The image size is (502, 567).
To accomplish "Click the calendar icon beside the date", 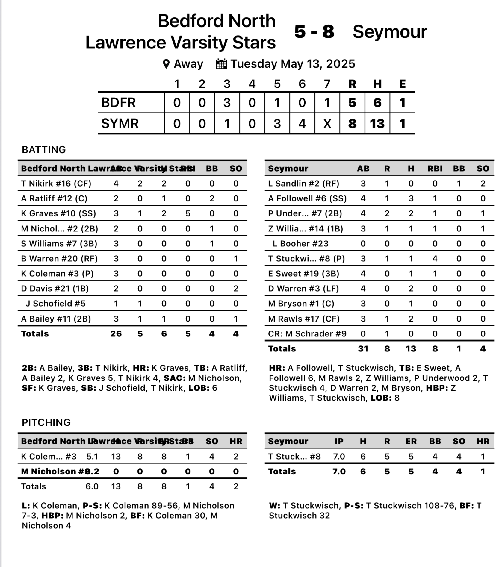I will coord(221,64).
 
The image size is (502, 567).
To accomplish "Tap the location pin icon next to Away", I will coord(166,64).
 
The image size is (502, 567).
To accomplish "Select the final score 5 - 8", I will coord(314,32).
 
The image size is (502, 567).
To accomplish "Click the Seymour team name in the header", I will coord(390,32).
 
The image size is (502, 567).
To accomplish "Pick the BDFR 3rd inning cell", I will coord(227,103).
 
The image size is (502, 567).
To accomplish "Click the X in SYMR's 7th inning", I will coord(327,123).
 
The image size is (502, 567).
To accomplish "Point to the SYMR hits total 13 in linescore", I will coord(377,123).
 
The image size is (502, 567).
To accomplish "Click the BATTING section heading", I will coord(44,150).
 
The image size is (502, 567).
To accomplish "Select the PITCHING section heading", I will coord(46,422).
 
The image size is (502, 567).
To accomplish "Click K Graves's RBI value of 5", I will coord(188,213).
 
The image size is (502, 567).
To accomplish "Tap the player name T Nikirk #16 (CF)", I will coord(56,184).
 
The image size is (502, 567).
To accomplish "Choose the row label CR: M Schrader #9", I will coord(307,333).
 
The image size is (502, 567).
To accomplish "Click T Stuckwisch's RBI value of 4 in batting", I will coord(435,259).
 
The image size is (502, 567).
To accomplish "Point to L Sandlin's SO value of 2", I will coord(483,184).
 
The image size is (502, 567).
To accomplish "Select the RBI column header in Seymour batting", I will coord(435,169).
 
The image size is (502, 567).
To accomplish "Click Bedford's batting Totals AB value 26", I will coord(116,333).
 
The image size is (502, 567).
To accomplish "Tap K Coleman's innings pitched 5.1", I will coord(92,456).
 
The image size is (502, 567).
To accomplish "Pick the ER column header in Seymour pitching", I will coord(411,441).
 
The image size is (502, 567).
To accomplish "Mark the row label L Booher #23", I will coord(300,244).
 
